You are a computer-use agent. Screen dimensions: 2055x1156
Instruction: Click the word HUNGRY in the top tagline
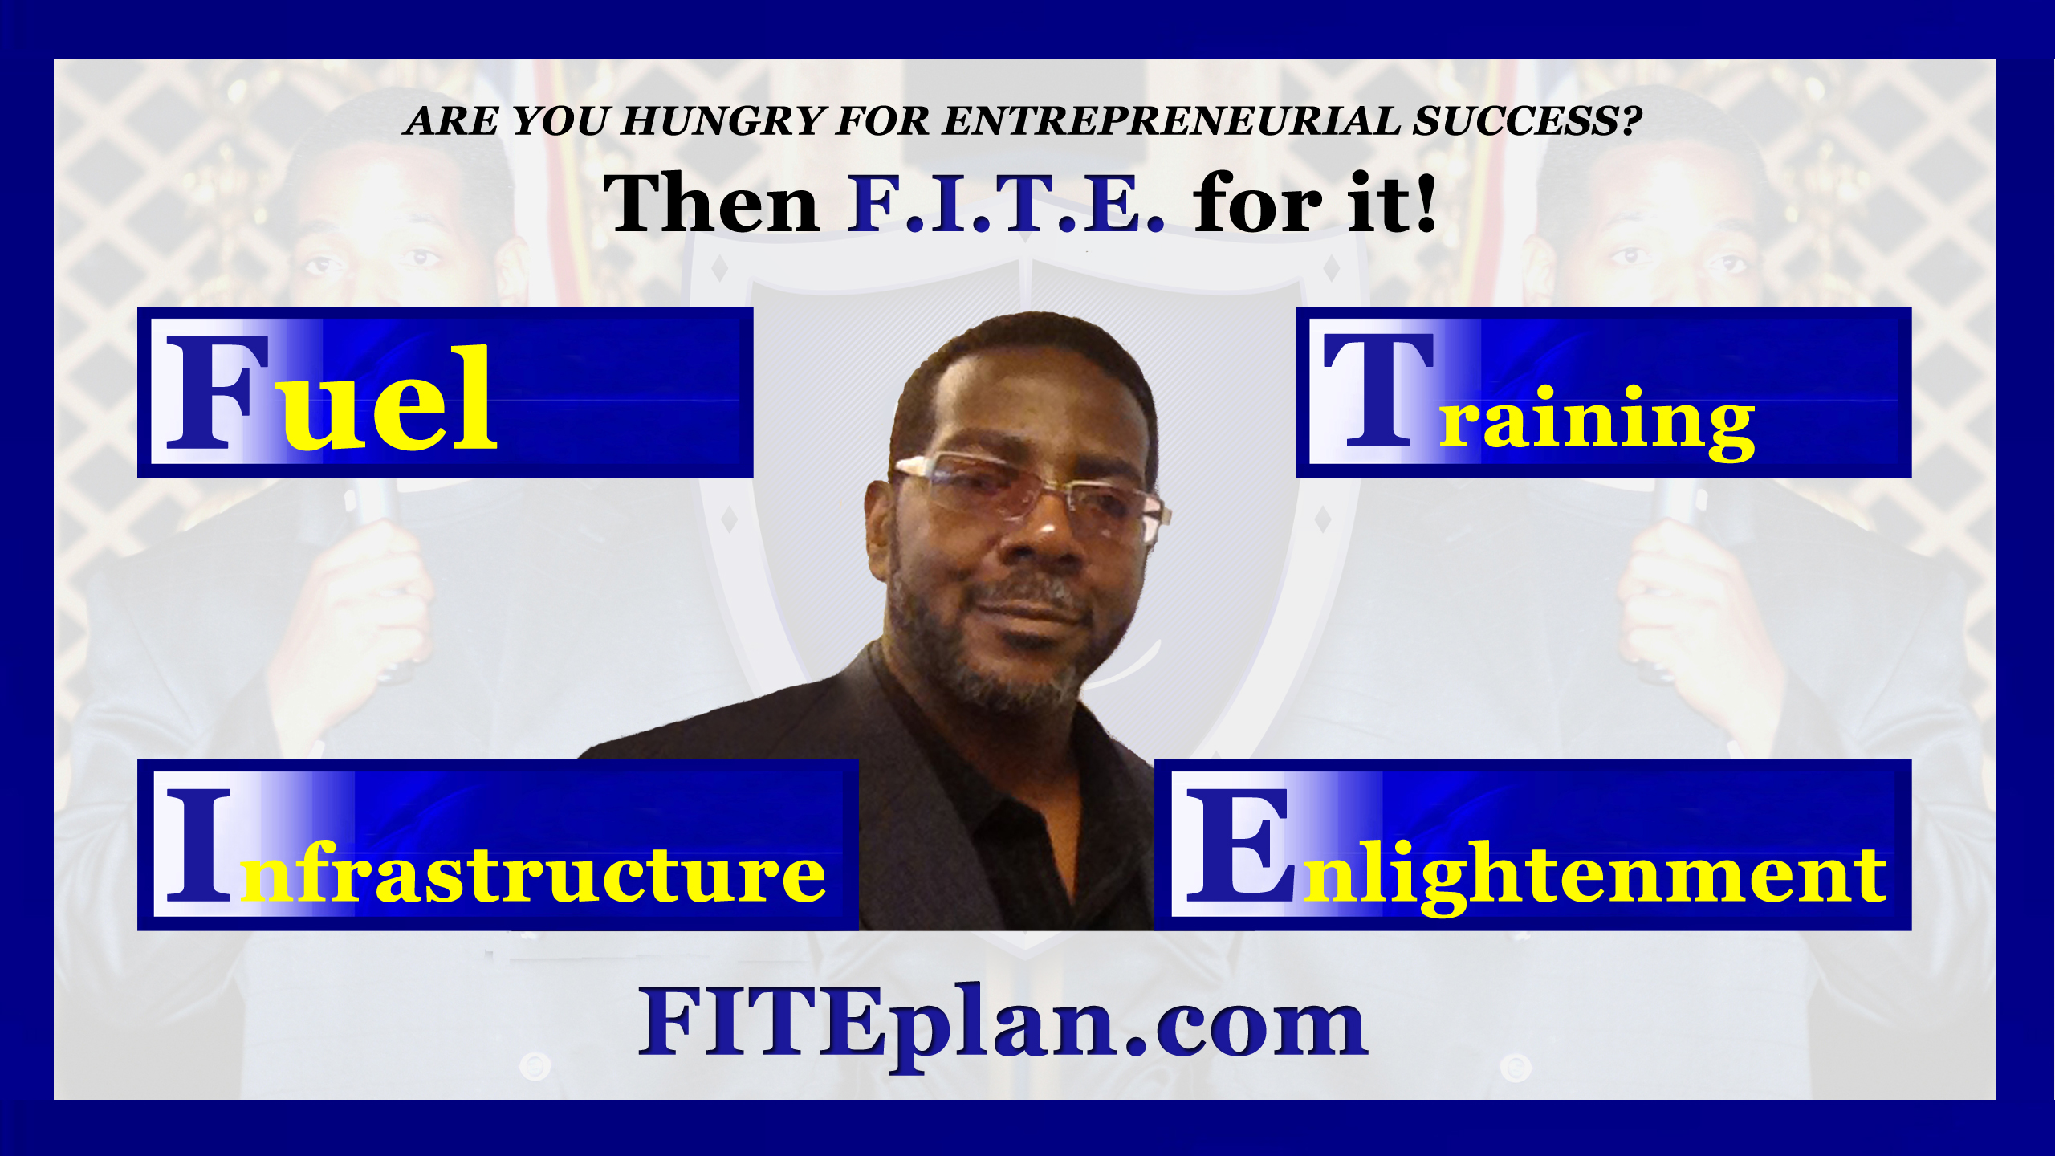(723, 120)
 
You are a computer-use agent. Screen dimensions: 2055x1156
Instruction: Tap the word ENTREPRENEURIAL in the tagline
(1171, 120)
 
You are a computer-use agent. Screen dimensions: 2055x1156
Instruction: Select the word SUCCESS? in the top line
(1528, 120)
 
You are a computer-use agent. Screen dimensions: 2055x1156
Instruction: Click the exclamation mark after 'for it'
(1426, 203)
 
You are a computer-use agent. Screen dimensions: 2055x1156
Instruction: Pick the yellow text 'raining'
(1597, 422)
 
